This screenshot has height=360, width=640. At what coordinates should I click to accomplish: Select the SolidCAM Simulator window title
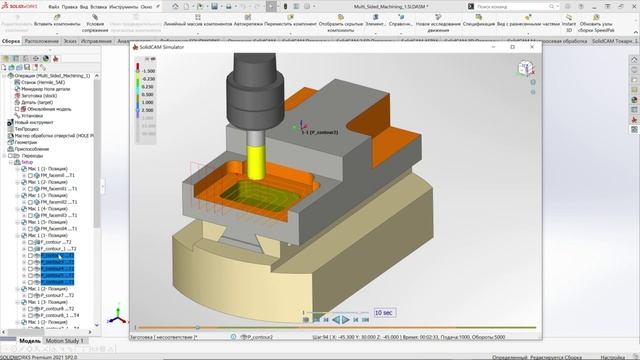tap(165, 47)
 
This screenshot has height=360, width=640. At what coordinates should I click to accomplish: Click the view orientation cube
tap(525, 71)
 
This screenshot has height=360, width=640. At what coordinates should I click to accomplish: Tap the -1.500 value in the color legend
tap(148, 72)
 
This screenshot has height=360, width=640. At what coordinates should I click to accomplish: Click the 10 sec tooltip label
tap(383, 312)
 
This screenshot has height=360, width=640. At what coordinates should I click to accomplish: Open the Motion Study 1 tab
tap(68, 341)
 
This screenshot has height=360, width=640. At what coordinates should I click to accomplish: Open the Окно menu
tap(145, 5)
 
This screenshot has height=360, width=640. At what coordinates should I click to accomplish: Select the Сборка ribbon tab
tap(10, 42)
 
